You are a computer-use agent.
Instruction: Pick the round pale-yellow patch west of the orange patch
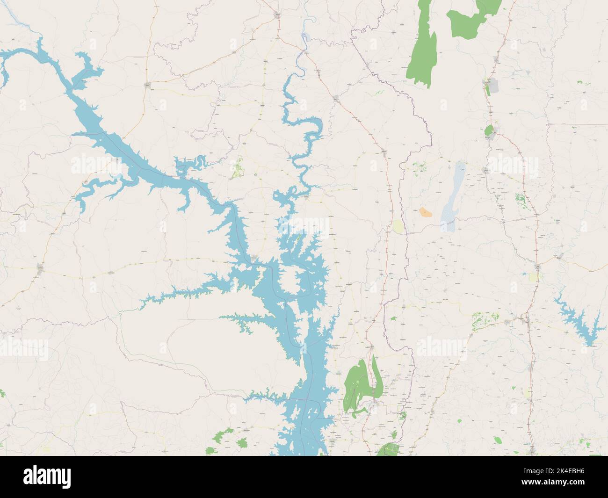point(398,227)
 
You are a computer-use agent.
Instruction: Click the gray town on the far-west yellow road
point(41,268)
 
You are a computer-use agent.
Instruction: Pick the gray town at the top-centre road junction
point(278,15)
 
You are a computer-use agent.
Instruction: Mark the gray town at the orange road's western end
point(148,85)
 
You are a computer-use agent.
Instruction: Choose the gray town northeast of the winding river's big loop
point(336,98)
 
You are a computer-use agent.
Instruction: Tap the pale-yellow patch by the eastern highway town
point(533,277)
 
